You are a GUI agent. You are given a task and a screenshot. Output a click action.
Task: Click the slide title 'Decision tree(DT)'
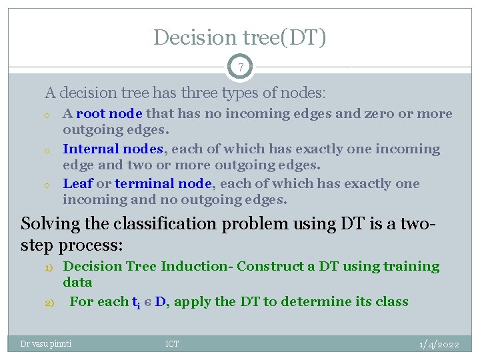pyautogui.click(x=240, y=37)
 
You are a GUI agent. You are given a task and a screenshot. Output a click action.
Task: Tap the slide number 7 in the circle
pyautogui.click(x=240, y=67)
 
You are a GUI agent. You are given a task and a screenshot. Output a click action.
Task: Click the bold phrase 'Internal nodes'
pyautogui.click(x=113, y=149)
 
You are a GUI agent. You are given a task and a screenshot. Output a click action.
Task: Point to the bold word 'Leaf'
pyautogui.click(x=77, y=184)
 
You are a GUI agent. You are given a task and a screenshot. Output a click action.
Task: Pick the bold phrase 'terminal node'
pyautogui.click(x=163, y=184)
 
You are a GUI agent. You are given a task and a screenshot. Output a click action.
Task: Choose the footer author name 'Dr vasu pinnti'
pyautogui.click(x=46, y=344)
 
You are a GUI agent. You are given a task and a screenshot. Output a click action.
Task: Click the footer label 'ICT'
pyautogui.click(x=172, y=344)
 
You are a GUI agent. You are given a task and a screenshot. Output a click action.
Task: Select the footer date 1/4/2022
pyautogui.click(x=439, y=344)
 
